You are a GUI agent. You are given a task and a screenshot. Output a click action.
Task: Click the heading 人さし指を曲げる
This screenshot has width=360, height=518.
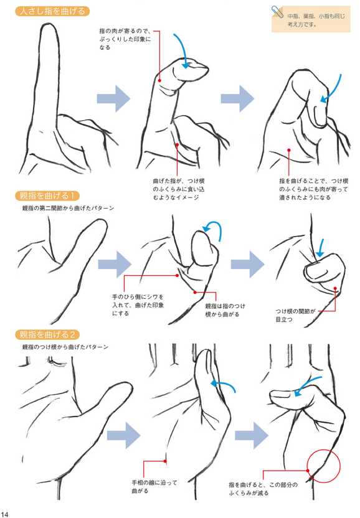[x=52, y=11]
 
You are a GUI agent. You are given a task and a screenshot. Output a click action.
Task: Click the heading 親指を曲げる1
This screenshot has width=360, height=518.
[x=47, y=195]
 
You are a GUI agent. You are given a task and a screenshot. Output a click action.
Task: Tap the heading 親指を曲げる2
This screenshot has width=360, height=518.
[x=47, y=335]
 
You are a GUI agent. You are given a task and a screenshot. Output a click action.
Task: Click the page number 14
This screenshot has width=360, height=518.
[x=4, y=514]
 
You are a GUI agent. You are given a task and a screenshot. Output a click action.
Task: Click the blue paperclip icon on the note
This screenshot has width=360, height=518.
[x=277, y=12]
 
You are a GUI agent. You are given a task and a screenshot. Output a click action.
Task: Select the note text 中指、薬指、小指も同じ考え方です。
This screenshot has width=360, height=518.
[x=316, y=20]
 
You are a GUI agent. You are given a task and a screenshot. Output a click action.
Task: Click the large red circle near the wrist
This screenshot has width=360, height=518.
[x=324, y=466]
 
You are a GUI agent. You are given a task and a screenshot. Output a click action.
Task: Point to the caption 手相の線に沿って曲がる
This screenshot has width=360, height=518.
[x=154, y=487]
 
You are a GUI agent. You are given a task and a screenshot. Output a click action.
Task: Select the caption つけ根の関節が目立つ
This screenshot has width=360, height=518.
[x=296, y=315]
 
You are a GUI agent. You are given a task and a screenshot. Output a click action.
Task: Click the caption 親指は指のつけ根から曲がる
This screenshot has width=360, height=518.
[x=225, y=310]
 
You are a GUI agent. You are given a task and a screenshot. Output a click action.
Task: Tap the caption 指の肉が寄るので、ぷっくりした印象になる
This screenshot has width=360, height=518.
[x=125, y=39]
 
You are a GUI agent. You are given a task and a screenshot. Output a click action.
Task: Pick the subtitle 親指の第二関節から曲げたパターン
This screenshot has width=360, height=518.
[x=68, y=208]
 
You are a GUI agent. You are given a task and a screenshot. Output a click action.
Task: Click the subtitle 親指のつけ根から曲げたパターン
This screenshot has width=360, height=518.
[x=65, y=347]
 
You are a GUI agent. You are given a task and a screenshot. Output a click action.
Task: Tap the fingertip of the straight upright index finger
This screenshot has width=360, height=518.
[x=50, y=25]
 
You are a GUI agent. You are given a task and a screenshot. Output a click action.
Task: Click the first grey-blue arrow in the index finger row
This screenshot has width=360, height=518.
[x=113, y=98]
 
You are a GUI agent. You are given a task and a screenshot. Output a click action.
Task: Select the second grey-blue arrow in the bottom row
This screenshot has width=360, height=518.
[x=252, y=435]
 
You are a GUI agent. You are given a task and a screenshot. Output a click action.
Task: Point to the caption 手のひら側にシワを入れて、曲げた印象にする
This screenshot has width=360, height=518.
[x=138, y=304]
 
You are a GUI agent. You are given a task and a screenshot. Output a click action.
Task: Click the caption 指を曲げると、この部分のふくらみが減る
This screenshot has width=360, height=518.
[x=263, y=489]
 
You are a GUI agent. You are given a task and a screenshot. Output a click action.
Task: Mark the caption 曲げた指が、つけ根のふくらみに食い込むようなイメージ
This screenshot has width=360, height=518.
[x=179, y=189]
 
